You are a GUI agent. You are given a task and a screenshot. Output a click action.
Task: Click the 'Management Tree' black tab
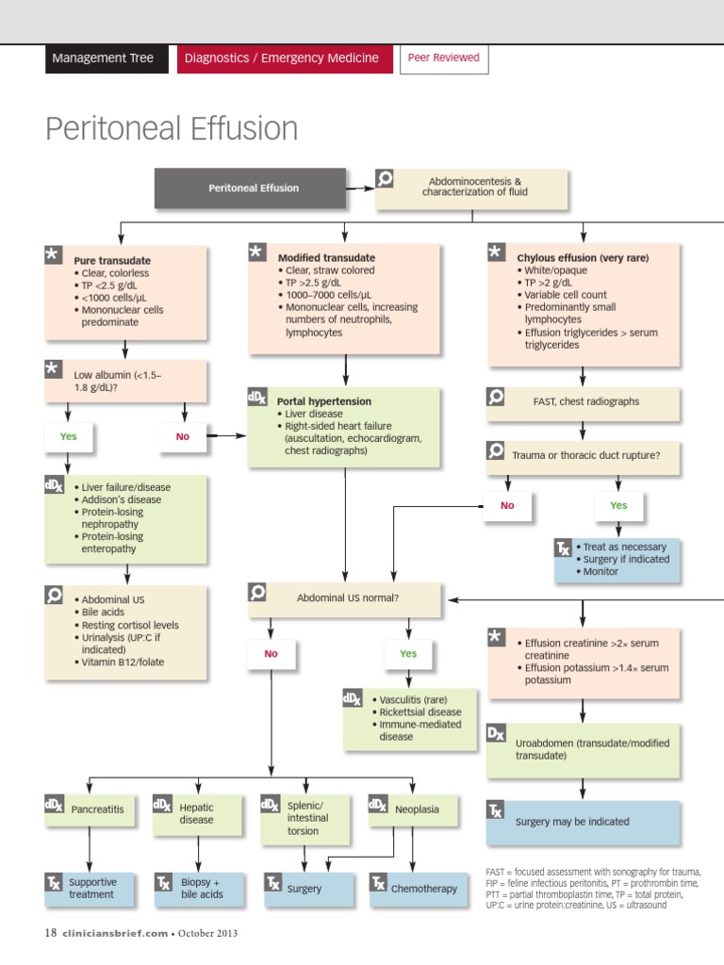(x=103, y=58)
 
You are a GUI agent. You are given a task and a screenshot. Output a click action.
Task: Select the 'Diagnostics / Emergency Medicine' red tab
(x=282, y=58)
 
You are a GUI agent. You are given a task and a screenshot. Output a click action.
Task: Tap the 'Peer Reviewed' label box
(x=443, y=58)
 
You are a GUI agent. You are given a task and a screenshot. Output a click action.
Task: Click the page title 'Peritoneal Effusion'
(x=172, y=129)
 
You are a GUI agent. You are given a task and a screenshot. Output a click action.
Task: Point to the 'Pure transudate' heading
(x=111, y=260)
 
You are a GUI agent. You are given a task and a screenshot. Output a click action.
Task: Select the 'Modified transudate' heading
(x=326, y=257)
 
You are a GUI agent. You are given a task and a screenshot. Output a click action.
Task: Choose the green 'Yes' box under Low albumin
(x=69, y=436)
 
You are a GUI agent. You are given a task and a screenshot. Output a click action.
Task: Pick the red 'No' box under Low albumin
(x=182, y=436)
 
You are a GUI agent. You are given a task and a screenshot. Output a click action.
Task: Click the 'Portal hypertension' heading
(x=323, y=401)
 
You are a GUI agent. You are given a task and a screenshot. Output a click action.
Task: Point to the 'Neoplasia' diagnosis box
(x=416, y=809)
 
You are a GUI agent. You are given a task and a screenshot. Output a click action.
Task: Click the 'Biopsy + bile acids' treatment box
(x=201, y=888)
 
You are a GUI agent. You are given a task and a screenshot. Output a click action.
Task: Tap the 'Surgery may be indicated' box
(x=583, y=822)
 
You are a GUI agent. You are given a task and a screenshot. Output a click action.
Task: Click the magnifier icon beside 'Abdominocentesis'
(x=385, y=179)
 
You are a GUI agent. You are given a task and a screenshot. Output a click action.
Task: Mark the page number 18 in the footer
(x=51, y=933)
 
